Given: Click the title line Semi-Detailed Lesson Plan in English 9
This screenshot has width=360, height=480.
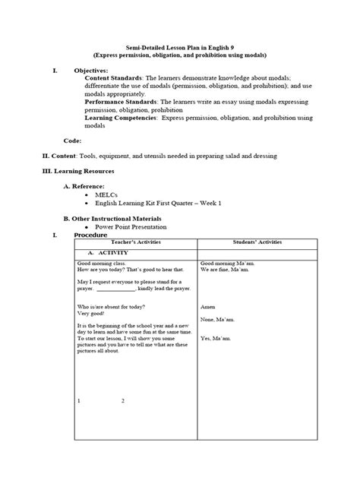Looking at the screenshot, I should coord(180,46).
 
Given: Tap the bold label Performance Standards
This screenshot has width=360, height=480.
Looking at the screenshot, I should coord(121,101).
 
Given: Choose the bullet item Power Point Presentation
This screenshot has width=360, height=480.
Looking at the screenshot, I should coord(131,226).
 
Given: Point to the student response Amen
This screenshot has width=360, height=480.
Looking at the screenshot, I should coord(207,306).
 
